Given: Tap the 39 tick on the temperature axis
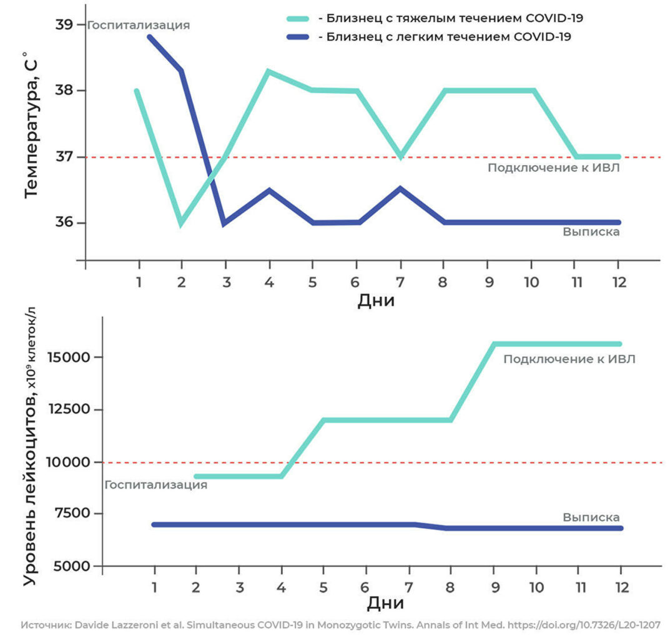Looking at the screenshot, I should click(x=64, y=24).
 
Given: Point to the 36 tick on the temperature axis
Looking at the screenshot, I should click(x=64, y=222).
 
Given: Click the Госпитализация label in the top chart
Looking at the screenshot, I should click(x=138, y=26).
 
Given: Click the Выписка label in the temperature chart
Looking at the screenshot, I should click(x=591, y=232).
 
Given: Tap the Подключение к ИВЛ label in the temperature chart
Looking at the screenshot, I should click(x=553, y=167).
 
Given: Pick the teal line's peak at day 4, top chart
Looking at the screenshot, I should click(x=268, y=71).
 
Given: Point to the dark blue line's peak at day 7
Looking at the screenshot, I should click(x=400, y=188).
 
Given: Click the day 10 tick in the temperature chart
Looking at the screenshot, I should click(x=531, y=282).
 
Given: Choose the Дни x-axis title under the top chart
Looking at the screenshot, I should click(x=376, y=301).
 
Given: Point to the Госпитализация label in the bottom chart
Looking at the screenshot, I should click(x=155, y=485).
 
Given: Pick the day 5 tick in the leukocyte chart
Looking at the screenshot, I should click(x=323, y=588).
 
